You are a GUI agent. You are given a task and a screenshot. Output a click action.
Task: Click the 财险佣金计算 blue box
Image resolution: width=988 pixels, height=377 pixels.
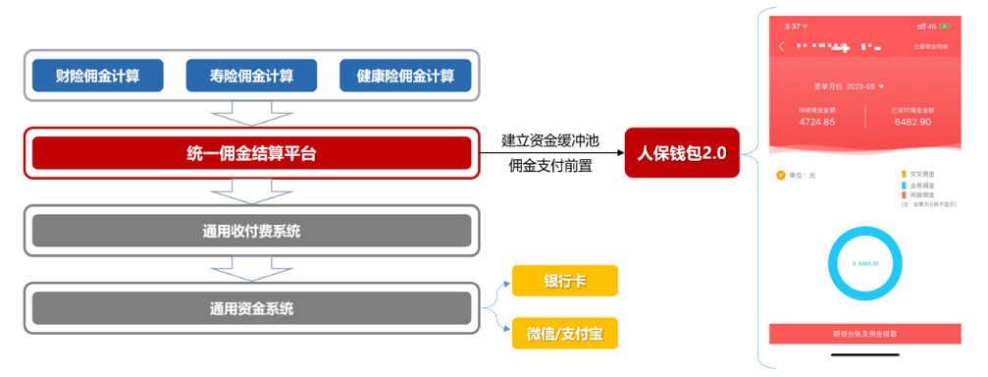(x=96, y=76)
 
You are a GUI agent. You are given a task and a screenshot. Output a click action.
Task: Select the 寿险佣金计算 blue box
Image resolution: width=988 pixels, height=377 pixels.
(x=251, y=76)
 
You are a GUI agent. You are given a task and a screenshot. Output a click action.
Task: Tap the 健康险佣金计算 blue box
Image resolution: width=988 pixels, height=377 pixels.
(x=405, y=76)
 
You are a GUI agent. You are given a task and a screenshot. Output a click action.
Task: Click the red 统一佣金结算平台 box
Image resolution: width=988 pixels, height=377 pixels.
(x=251, y=153)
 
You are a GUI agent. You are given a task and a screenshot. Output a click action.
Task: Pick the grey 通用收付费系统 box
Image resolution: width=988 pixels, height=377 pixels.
(x=251, y=231)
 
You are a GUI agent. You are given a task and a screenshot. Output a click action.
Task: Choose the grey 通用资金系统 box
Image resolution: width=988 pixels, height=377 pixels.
(x=251, y=308)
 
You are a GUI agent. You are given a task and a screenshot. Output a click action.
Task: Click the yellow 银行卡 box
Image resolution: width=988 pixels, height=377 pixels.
(x=564, y=281)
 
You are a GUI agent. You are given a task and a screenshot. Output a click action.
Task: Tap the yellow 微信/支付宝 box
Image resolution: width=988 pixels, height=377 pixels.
(x=564, y=333)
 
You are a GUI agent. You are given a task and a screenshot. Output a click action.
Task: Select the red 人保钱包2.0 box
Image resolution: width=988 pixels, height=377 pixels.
(x=681, y=153)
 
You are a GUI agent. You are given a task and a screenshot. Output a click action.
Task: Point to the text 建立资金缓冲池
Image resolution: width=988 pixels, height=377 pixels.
(x=549, y=139)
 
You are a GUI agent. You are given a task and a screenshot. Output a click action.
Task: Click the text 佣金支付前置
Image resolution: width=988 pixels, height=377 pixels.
(x=549, y=166)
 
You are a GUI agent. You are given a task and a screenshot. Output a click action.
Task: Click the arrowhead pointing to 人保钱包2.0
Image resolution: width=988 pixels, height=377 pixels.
(x=619, y=153)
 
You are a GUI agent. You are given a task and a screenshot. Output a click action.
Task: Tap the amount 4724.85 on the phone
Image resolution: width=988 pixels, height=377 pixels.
(x=816, y=123)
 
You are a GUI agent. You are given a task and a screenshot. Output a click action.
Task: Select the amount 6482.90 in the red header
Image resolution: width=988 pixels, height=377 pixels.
(x=911, y=123)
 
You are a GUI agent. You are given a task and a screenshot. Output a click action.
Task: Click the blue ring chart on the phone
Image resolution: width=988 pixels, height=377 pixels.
(x=865, y=263)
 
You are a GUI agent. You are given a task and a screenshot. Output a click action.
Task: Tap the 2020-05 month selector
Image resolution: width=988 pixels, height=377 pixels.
(x=854, y=86)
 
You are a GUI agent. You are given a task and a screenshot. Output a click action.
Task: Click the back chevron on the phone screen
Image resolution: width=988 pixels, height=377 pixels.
(x=782, y=46)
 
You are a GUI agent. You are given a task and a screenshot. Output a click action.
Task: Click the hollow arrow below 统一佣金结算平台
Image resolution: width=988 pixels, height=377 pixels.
(x=251, y=191)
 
